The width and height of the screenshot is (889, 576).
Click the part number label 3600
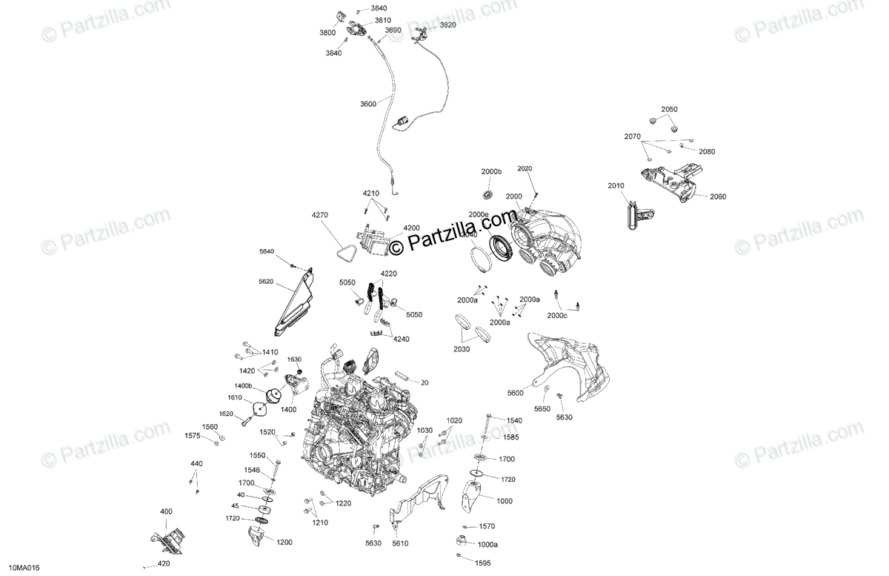(x=368, y=105)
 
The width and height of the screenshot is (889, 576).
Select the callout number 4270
(x=319, y=216)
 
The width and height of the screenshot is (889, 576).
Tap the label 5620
(x=266, y=282)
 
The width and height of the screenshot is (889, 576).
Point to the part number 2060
(x=718, y=197)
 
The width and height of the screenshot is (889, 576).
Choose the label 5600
(x=516, y=393)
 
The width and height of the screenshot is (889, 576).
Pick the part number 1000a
(x=487, y=544)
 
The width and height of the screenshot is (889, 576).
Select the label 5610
(x=400, y=543)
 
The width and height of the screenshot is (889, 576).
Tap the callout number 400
(x=166, y=512)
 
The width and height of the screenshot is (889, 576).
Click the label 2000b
(x=491, y=172)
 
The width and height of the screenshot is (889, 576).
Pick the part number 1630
(x=295, y=359)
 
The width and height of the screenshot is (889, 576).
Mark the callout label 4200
(x=411, y=228)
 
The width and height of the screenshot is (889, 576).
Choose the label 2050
(x=669, y=109)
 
